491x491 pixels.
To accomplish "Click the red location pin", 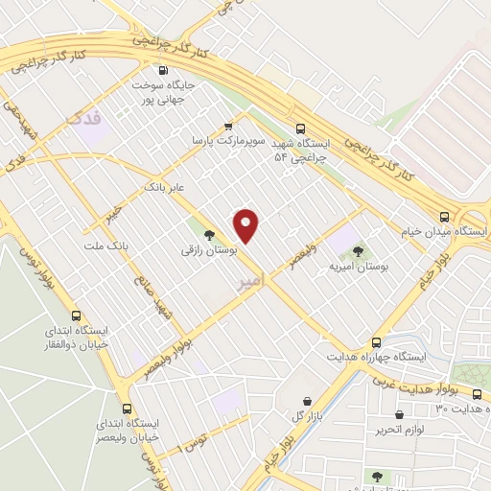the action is (247, 226).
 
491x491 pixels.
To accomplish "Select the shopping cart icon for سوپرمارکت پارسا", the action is (228, 126).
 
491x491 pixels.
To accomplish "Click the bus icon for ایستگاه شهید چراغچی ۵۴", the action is (301, 128).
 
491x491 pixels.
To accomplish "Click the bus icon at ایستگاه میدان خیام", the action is (443, 217).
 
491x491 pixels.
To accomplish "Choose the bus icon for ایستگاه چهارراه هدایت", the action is (376, 341).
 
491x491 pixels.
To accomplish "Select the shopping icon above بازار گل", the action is (306, 400).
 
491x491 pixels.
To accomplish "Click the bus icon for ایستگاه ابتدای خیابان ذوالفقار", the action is (77, 315).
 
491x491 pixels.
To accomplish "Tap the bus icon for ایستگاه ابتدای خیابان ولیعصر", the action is (127, 407).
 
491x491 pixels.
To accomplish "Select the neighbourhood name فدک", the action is (83, 120).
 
